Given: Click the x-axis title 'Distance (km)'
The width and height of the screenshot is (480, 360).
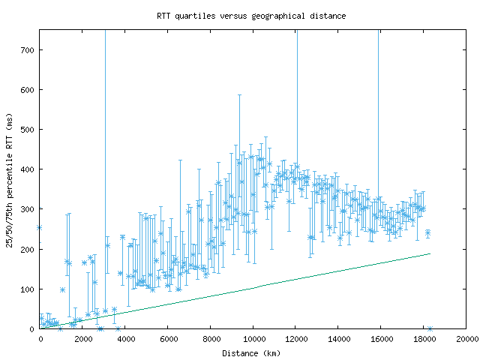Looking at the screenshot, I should [253, 352].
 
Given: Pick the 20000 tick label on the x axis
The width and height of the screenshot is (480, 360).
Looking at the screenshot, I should [466, 338].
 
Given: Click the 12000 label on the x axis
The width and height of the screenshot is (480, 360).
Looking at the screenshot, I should [296, 338].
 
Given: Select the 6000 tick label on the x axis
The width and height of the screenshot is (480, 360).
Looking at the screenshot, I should [168, 338].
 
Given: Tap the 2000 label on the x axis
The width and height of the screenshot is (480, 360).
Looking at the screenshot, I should [82, 338].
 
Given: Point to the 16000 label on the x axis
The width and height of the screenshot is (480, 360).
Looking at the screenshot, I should [381, 338].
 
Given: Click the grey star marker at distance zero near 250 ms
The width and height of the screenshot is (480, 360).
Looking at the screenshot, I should [39, 227].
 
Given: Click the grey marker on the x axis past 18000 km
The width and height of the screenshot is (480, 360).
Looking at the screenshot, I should [430, 328].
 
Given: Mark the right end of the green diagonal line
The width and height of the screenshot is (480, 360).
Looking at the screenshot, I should [430, 253].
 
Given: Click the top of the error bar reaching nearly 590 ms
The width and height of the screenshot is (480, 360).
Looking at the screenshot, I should [240, 95].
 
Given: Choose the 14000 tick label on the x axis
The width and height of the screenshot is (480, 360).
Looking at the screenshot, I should [339, 338].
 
